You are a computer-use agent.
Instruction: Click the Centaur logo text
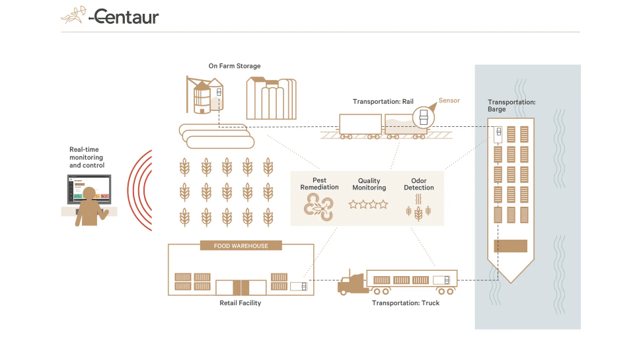[x=126, y=17]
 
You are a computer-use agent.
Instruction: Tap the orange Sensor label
[x=449, y=100]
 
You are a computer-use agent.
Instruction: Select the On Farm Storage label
[x=235, y=66]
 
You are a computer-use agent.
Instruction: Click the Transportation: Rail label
[x=383, y=102]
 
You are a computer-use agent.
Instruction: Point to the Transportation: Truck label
[x=406, y=303]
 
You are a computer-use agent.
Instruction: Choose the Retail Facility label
[x=240, y=303]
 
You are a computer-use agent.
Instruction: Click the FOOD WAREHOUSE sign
[x=241, y=246]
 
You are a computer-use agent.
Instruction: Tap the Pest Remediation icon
[x=319, y=207]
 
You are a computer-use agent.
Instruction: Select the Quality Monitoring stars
[x=369, y=205]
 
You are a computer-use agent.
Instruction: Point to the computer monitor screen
[x=89, y=189]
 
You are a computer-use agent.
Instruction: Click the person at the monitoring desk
[x=89, y=213]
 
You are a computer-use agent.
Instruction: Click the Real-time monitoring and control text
[x=87, y=157]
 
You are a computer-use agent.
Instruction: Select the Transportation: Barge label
[x=511, y=106]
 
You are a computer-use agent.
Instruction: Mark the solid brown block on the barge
[x=511, y=246]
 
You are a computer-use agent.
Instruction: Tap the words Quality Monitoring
[x=369, y=184]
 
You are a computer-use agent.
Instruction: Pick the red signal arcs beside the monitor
[x=140, y=191]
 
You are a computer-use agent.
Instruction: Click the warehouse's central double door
[x=241, y=287]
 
